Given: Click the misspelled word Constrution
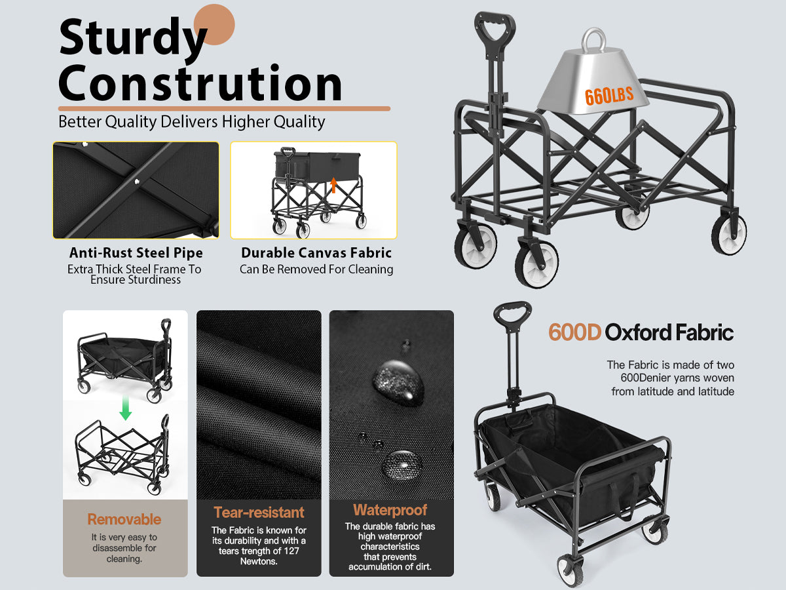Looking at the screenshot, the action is click(200, 83).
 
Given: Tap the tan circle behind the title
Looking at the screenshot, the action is click(214, 24).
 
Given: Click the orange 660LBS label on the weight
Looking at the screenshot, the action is click(608, 96).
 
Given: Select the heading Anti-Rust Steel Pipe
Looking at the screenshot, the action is click(136, 252).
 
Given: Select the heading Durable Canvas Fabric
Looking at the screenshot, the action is click(316, 252).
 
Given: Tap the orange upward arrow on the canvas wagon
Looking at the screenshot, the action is click(333, 185).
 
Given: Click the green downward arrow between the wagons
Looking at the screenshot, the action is click(125, 408).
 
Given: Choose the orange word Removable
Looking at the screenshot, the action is click(124, 519).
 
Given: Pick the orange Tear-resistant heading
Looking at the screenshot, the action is click(259, 512).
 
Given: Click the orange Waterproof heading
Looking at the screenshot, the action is click(390, 510).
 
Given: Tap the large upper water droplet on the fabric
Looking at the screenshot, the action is click(398, 382).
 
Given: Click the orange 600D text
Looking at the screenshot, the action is click(574, 332).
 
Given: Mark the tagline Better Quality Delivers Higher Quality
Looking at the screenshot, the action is click(191, 122).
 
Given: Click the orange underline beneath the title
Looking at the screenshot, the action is click(224, 109).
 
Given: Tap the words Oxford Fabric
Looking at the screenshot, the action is click(669, 332).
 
